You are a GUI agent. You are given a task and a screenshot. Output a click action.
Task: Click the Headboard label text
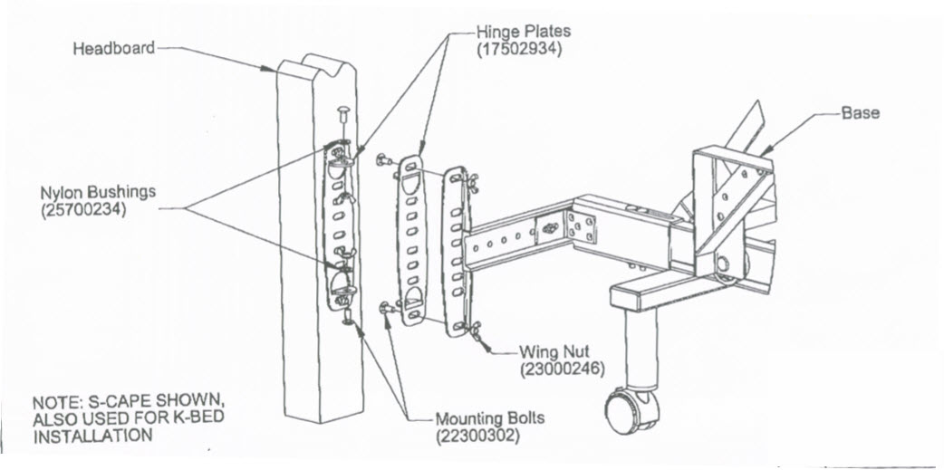(114, 48)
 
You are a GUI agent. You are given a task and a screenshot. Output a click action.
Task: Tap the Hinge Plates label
(523, 32)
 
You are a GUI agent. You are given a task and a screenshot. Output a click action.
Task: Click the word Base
(860, 113)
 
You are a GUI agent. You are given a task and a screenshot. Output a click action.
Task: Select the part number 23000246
(562, 369)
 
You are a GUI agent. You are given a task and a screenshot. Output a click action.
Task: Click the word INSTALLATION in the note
(92, 436)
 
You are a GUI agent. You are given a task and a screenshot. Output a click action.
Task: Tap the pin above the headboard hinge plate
(342, 116)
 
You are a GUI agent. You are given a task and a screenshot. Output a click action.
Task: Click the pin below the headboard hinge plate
(348, 317)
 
